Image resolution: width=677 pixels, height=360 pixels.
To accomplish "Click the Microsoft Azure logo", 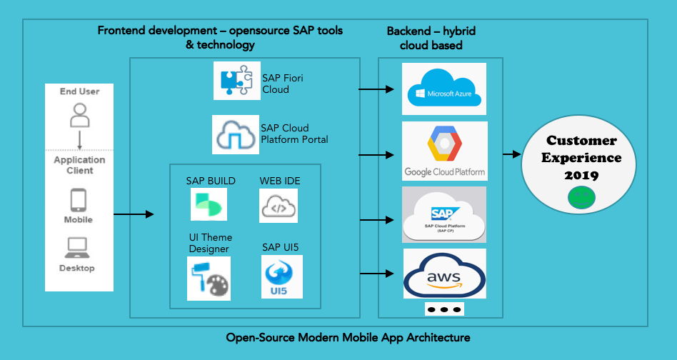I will point(443,89).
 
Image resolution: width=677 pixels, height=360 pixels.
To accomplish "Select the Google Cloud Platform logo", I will point(444,151).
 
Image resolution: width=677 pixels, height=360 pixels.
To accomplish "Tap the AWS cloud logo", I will point(444,274).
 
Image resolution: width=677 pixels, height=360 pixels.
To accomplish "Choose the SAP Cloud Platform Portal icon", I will point(235,134).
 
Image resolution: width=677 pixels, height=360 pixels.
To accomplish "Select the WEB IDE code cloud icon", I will point(279,206).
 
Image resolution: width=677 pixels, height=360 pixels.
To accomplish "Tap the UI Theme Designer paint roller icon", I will point(209,279).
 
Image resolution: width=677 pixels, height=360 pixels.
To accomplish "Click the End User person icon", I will point(80,114).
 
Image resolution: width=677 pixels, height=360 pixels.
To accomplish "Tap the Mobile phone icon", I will point(79,200).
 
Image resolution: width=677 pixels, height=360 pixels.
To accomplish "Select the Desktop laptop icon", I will point(79,248).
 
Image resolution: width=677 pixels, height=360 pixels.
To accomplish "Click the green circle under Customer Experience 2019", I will point(581,199).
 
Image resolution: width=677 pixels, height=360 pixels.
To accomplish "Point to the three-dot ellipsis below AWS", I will point(443,309).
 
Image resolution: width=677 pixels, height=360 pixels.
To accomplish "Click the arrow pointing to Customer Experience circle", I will point(512,154).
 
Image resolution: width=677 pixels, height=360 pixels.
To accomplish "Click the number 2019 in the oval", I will point(581,175).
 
